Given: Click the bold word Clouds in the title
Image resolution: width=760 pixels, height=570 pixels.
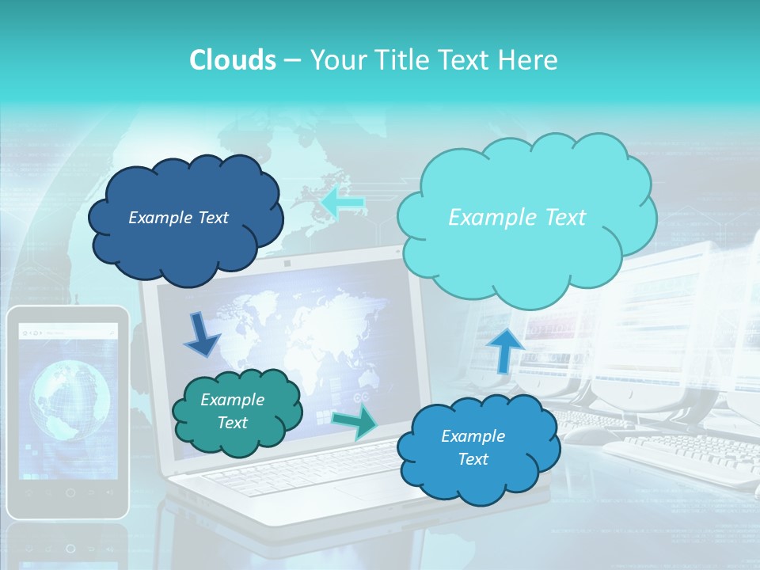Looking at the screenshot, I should point(232,60).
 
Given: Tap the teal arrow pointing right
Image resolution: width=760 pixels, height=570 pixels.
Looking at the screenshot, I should point(355,420).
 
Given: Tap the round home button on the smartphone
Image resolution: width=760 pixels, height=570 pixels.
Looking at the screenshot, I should point(70,492).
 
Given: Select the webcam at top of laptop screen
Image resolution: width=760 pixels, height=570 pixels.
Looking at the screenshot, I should point(286,262).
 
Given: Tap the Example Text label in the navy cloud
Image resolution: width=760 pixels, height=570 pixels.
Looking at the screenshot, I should point(178,218).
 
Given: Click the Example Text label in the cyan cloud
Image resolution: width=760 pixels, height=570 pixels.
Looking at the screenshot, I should point(517,218).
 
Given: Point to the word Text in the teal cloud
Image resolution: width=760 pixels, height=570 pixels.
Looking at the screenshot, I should point(233,423).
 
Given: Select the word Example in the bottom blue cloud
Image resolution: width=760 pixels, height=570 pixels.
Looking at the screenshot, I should point(473,436).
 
